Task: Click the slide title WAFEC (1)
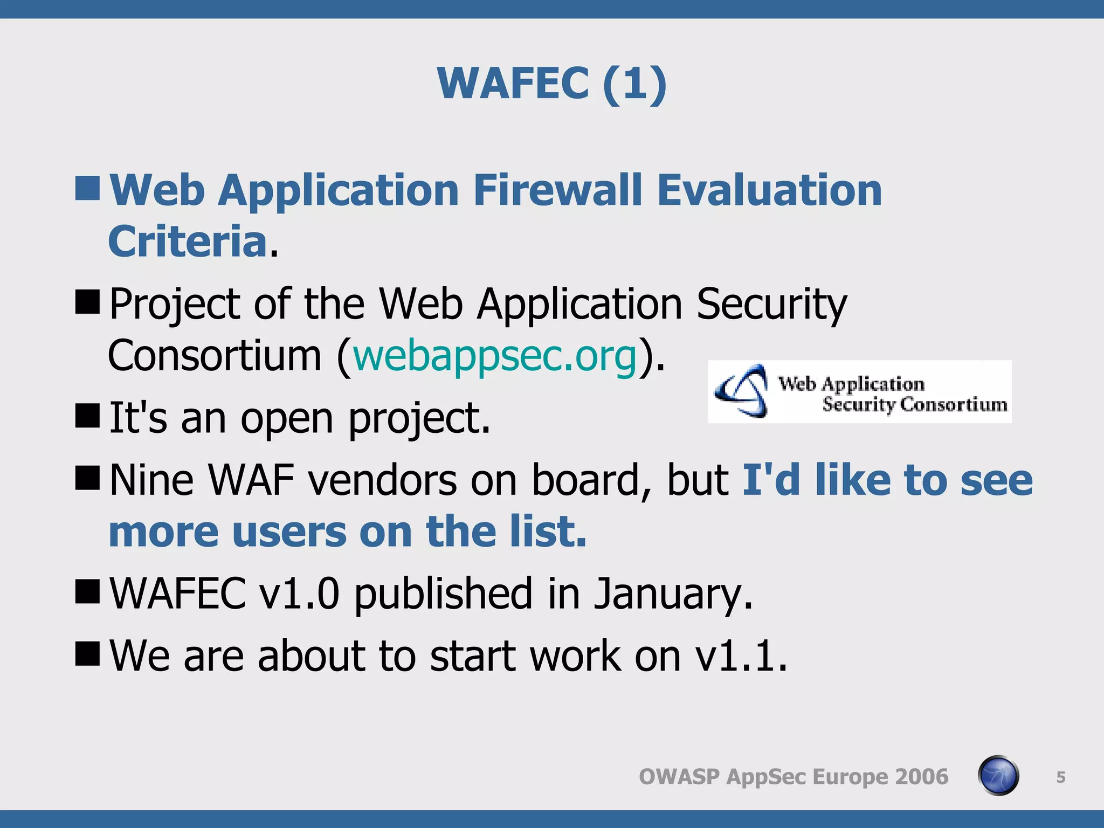tap(552, 84)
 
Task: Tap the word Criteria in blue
tap(188, 241)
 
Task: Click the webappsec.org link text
tap(495, 356)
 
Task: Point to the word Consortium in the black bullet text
tap(215, 356)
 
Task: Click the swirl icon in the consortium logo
tap(742, 391)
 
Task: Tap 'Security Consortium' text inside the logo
tap(914, 404)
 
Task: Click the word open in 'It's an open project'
tap(287, 419)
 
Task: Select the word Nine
tap(151, 480)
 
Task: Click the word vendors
tap(382, 480)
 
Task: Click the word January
tap(673, 594)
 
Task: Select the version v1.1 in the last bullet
tap(741, 656)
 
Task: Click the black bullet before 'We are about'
tap(87, 653)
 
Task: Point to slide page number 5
tap(1060, 777)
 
